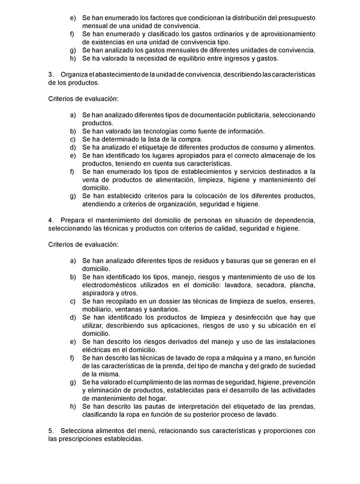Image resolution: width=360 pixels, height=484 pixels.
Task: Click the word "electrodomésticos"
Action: [116, 285]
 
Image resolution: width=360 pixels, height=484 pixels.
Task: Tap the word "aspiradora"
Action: [100, 293]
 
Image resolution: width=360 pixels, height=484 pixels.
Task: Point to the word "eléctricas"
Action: [100, 350]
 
